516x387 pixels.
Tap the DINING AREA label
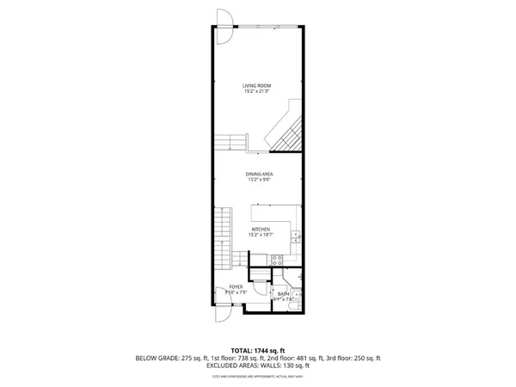(261, 175)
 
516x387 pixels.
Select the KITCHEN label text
(261, 230)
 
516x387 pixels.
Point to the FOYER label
(235, 286)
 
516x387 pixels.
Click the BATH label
(283, 294)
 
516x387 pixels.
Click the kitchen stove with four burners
(278, 260)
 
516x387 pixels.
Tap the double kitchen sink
(294, 237)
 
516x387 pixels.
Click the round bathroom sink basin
(294, 302)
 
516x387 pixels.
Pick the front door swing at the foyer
(220, 314)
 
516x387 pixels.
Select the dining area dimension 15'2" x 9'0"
(261, 181)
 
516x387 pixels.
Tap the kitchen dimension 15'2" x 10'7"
(261, 236)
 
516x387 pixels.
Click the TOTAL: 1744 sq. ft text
(258, 351)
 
